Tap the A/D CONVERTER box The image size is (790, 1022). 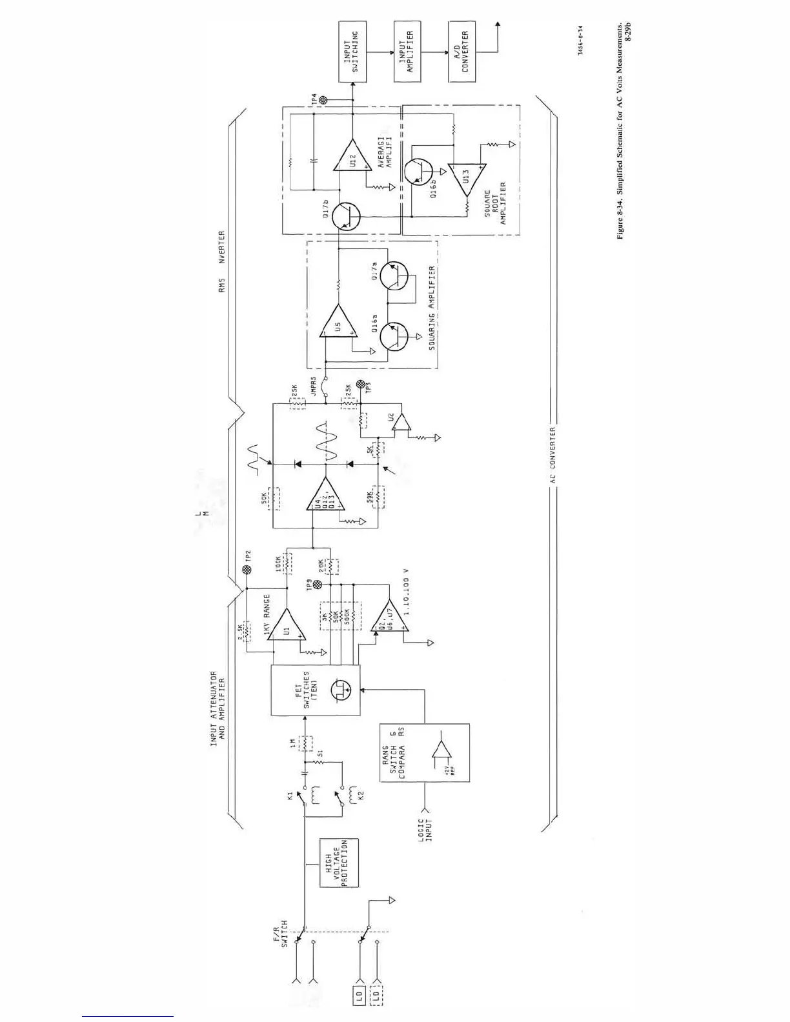461,52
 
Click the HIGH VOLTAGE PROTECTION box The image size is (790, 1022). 339,863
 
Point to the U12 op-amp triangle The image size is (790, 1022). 352,157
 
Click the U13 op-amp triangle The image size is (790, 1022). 467,174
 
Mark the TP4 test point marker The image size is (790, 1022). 325,100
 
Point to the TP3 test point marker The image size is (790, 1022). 360,385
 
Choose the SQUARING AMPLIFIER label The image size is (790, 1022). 431,308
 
